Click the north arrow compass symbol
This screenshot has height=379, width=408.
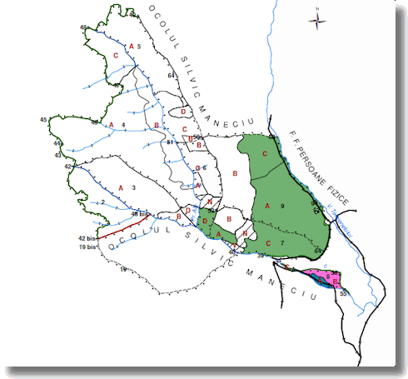click(x=317, y=18)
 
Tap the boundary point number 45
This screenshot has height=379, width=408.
click(x=43, y=121)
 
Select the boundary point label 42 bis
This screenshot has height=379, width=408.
click(x=88, y=238)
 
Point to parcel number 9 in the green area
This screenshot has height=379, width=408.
click(x=282, y=205)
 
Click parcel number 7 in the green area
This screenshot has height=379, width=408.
click(x=282, y=242)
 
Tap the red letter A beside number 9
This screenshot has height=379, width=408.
click(x=268, y=205)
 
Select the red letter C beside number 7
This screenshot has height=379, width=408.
click(x=268, y=242)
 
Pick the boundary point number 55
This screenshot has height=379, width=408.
click(x=343, y=294)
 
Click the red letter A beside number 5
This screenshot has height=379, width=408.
click(x=131, y=45)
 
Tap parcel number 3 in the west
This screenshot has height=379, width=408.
click(x=133, y=187)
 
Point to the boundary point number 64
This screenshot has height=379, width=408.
click(x=171, y=76)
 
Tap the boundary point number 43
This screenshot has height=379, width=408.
click(x=57, y=155)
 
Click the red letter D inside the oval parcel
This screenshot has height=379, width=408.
click(x=182, y=111)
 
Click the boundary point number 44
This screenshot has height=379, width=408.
click(x=57, y=143)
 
